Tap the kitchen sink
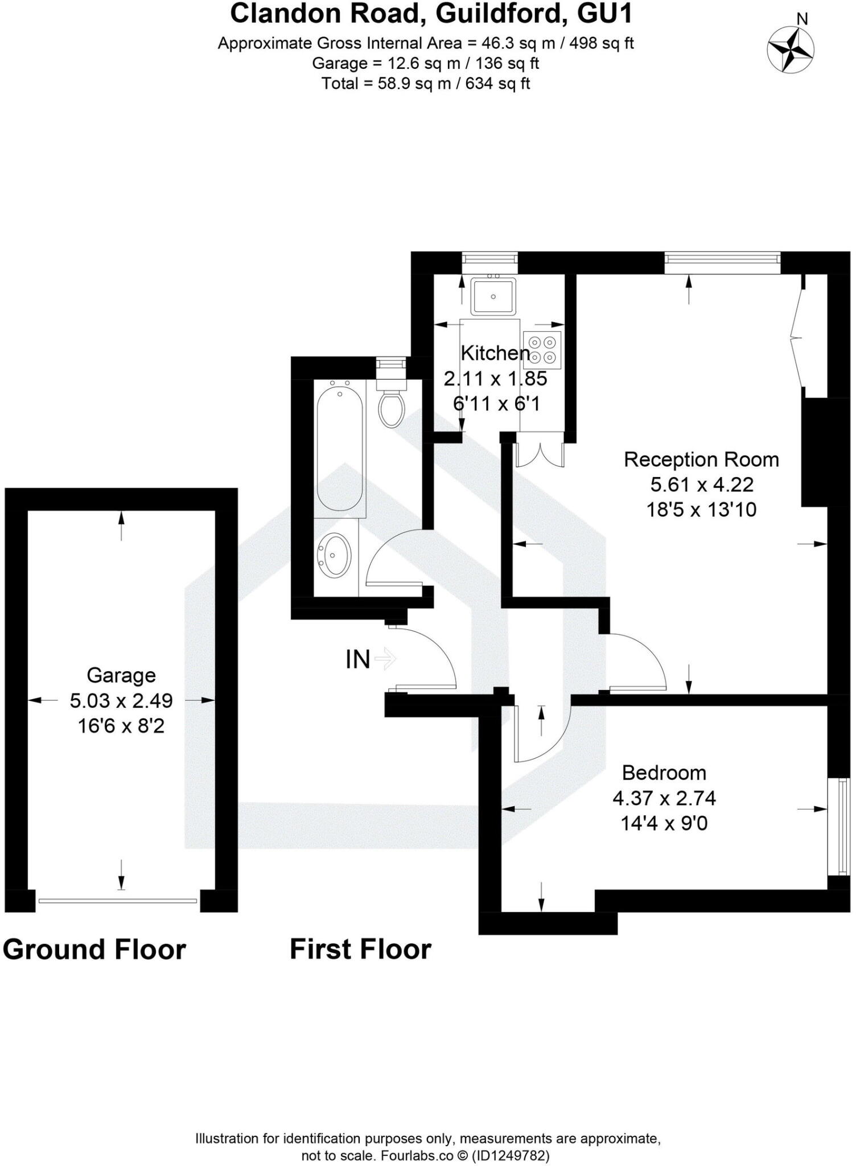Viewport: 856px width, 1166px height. pos(493,296)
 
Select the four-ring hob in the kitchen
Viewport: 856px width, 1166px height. pos(542,350)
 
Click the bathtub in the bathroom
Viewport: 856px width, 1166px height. pos(339,447)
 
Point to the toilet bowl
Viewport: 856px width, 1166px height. pos(392,409)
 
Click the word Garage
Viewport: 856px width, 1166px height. pos(121,675)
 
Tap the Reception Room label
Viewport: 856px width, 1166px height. pos(701,459)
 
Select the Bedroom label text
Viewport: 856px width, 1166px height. pos(664,773)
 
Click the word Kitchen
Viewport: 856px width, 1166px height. pos(495,353)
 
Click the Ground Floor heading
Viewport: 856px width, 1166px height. pos(94,950)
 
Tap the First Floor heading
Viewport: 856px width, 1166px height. pos(360,950)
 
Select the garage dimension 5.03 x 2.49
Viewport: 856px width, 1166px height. pos(121,700)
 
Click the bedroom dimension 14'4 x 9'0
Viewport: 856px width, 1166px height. pos(664,823)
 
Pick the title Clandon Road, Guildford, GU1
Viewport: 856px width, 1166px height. pos(431,14)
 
